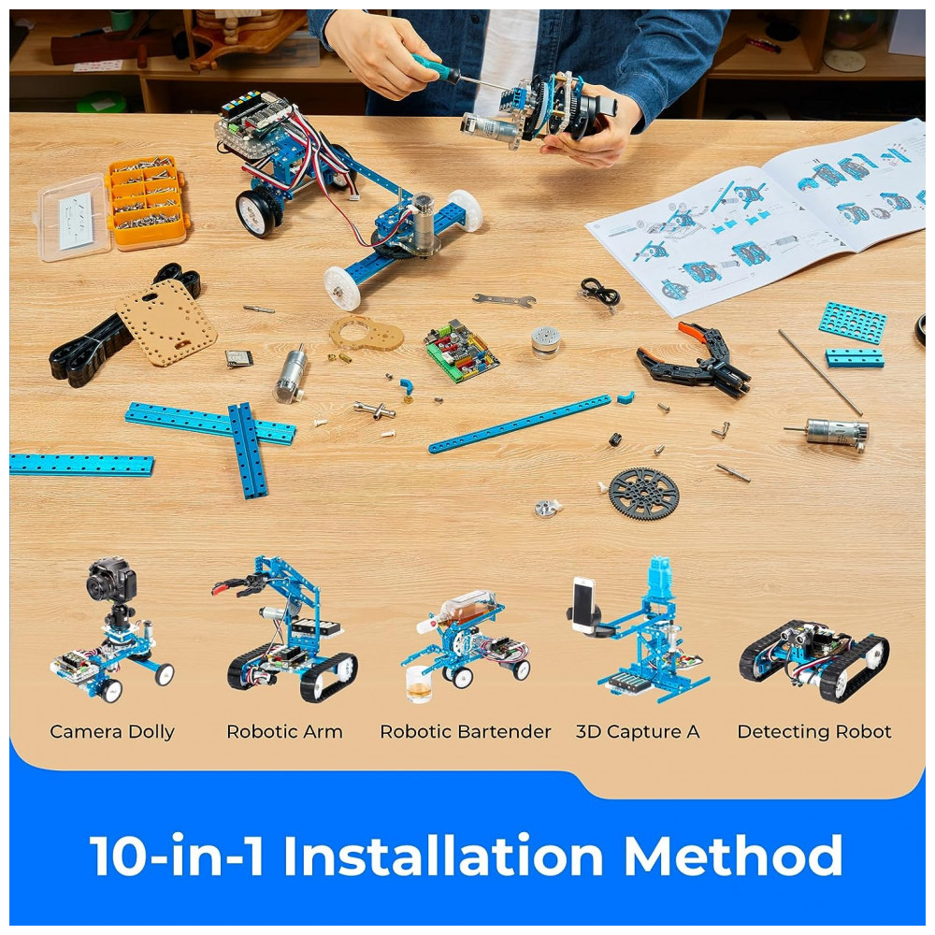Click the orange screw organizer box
pyautogui.click(x=148, y=202)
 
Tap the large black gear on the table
pyautogui.click(x=644, y=494)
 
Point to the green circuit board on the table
pyautogui.click(x=461, y=351)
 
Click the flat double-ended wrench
pyautogui.click(x=504, y=300)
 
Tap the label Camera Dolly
pyautogui.click(x=112, y=732)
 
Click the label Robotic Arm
pyautogui.click(x=284, y=732)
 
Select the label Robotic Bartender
pyautogui.click(x=465, y=732)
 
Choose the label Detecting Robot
pyautogui.click(x=814, y=732)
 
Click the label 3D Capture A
pyautogui.click(x=638, y=732)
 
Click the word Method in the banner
pyautogui.click(x=733, y=856)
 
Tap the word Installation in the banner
pyautogui.click(x=443, y=856)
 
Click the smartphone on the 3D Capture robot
pyautogui.click(x=583, y=604)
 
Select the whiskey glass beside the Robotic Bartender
pyautogui.click(x=419, y=684)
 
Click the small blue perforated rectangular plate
pyautogui.click(x=852, y=323)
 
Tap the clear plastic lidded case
pyautogui.click(x=74, y=217)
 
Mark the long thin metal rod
pyautogui.click(x=820, y=372)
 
